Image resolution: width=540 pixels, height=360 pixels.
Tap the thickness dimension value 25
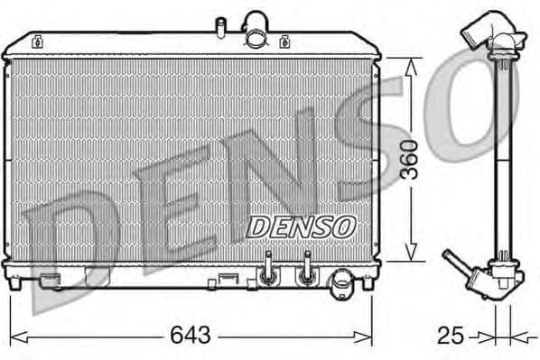[451, 337]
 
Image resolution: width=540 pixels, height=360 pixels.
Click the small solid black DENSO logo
[302, 226]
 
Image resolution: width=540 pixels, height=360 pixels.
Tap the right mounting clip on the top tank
[285, 41]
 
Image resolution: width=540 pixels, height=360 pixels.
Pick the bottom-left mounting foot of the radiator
[14, 282]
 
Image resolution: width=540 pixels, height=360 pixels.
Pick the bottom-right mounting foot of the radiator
[368, 282]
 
